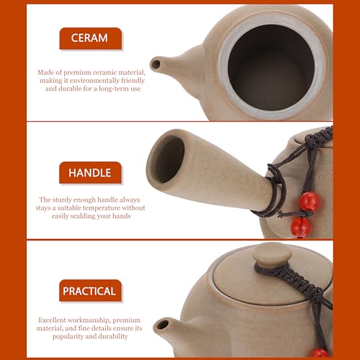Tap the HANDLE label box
(x=90, y=172)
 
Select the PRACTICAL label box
(x=90, y=291)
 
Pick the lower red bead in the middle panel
(x=300, y=228)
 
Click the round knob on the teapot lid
(x=271, y=253)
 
